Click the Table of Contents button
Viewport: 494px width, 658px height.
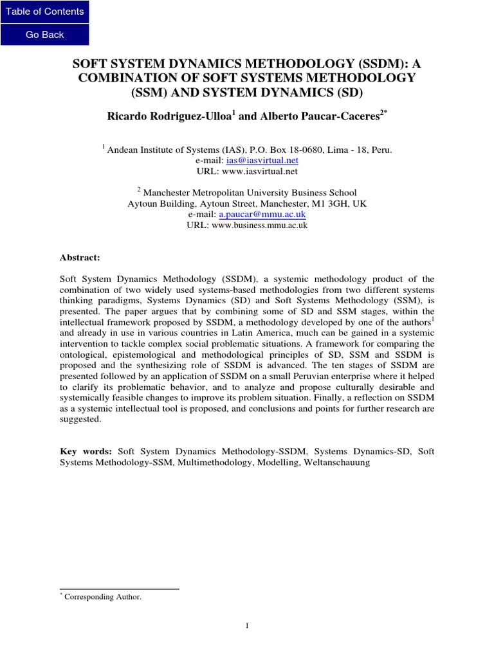(x=44, y=12)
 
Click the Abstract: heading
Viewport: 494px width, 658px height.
(x=80, y=257)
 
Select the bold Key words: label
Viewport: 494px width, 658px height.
(x=86, y=452)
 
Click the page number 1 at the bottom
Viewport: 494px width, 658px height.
(x=246, y=627)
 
